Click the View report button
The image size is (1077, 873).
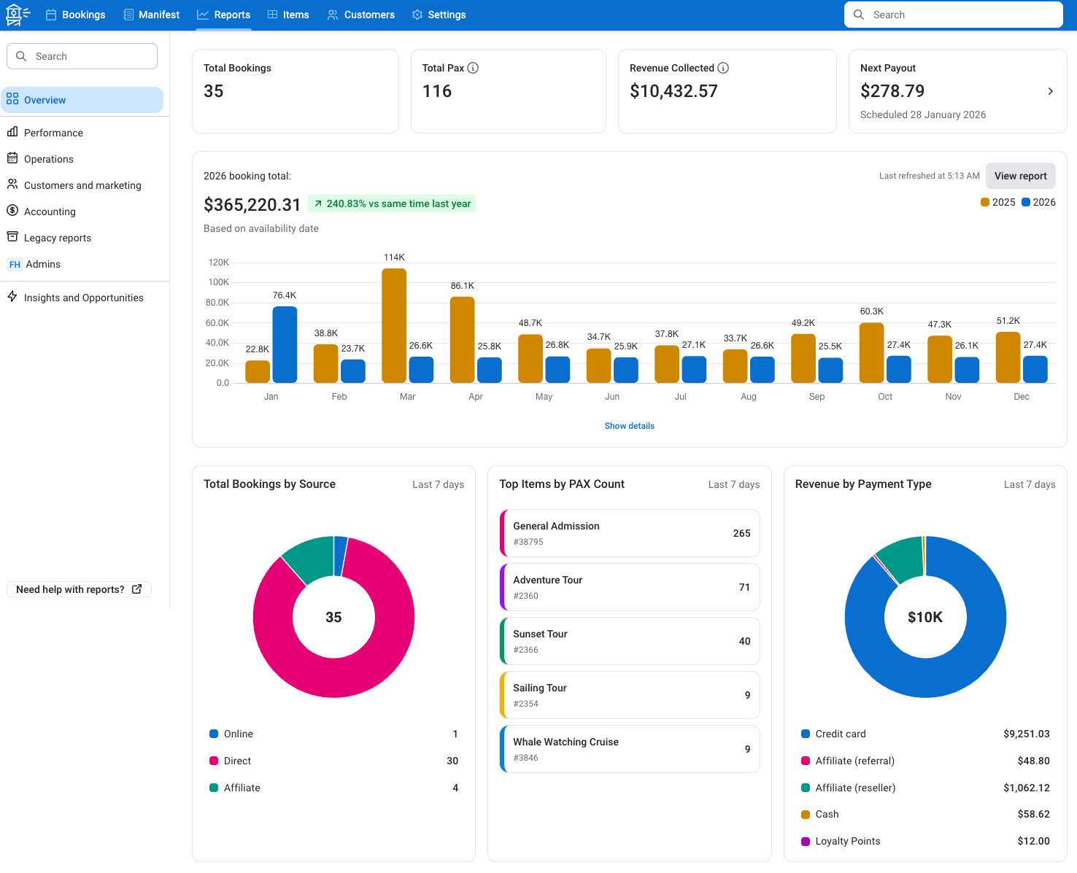point(1020,176)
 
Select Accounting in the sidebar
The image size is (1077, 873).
point(50,212)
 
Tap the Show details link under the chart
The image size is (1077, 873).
point(629,426)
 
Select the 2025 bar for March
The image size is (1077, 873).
point(394,325)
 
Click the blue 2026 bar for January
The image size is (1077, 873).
point(285,344)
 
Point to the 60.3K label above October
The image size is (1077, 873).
point(871,311)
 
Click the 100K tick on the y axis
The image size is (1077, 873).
point(218,282)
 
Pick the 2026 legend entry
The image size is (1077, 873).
point(1038,202)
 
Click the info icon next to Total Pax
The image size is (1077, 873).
point(473,68)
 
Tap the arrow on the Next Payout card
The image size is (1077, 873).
point(1050,91)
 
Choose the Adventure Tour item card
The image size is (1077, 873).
point(630,587)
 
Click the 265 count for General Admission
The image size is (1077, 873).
point(741,533)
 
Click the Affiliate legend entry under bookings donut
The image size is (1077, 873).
point(242,788)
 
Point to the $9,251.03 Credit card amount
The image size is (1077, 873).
point(1026,734)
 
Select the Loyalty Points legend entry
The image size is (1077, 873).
point(847,841)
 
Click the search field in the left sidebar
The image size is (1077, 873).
point(82,56)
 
